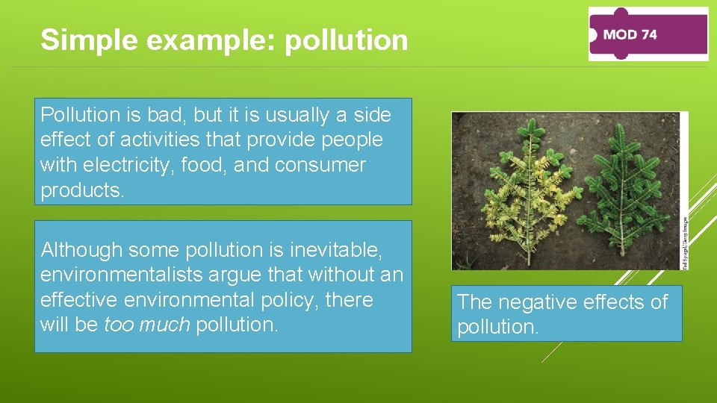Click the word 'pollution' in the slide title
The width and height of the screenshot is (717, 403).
pyautogui.click(x=347, y=40)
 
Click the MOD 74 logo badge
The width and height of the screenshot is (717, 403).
pyautogui.click(x=648, y=34)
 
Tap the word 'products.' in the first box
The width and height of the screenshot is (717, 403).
pyautogui.click(x=83, y=190)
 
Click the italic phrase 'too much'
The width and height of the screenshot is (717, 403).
pyautogui.click(x=146, y=325)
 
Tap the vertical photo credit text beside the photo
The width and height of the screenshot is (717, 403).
pyautogui.click(x=685, y=243)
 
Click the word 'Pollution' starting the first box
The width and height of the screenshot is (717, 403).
pyautogui.click(x=80, y=115)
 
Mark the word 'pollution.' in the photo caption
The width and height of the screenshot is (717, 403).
pyautogui.click(x=497, y=328)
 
